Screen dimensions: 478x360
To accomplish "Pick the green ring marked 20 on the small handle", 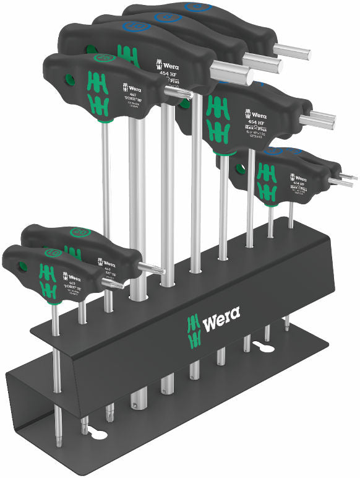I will click(x=79, y=233).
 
